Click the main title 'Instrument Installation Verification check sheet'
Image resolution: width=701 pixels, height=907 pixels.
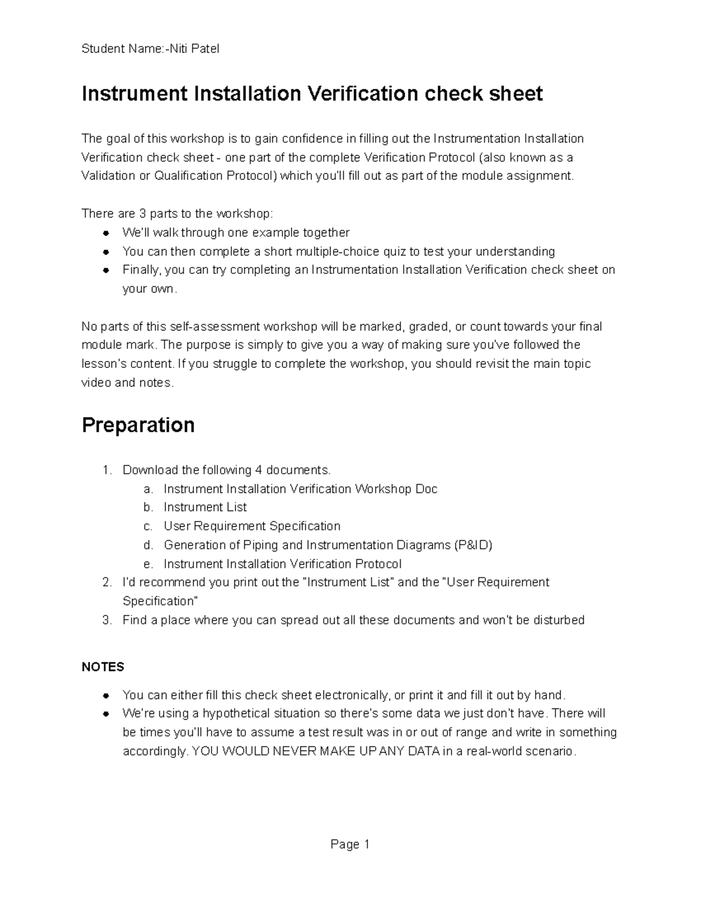pos(312,94)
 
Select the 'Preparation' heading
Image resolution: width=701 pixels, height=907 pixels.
pos(138,425)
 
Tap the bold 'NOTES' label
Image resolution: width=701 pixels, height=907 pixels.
pos(103,667)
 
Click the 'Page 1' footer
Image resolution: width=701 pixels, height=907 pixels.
pos(350,845)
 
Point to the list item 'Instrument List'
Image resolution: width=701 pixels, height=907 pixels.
pos(205,508)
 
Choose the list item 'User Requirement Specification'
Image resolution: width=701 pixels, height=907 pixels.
pos(252,526)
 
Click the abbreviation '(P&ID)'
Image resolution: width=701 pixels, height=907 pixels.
pos(473,545)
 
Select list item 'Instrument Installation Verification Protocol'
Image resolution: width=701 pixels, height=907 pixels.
pos(282,564)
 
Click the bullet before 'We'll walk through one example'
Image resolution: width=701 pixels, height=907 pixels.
pos(106,233)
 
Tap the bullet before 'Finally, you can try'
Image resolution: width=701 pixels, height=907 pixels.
pos(106,270)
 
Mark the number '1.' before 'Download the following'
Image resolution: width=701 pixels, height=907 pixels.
pos(106,470)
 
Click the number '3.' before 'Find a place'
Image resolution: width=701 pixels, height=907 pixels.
pos(106,620)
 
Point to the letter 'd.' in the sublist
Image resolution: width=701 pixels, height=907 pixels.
pos(148,545)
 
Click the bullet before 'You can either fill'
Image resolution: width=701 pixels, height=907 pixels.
pos(106,696)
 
